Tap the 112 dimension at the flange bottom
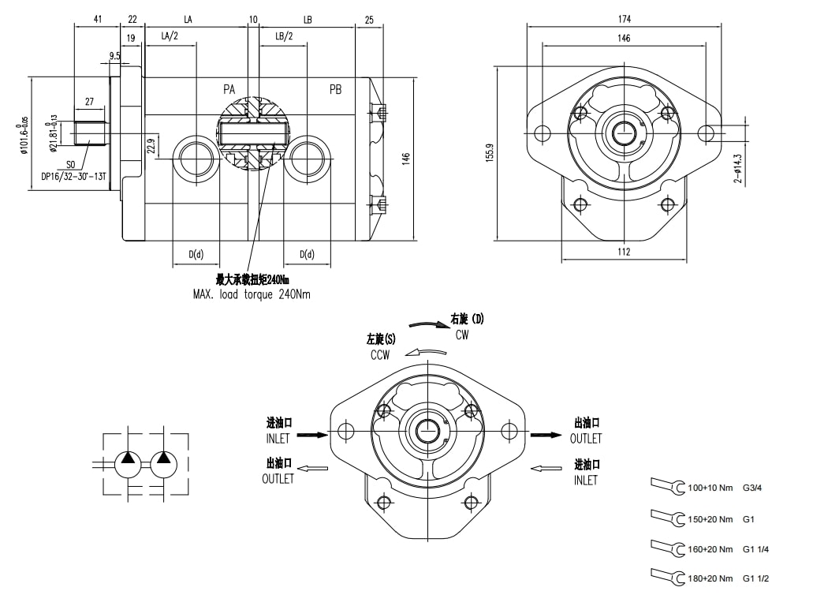tap(624, 252)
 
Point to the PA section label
tap(229, 90)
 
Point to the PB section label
tap(335, 90)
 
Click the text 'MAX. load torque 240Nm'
tap(252, 294)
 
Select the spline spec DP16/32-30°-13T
tap(74, 177)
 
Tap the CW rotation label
tap(462, 335)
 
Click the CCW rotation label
tap(380, 355)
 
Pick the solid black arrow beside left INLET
tap(312, 434)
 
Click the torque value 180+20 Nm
tap(710, 579)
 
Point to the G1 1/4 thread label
tap(755, 548)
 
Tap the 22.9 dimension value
tap(151, 146)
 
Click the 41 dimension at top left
tap(97, 18)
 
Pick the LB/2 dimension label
tap(284, 36)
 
